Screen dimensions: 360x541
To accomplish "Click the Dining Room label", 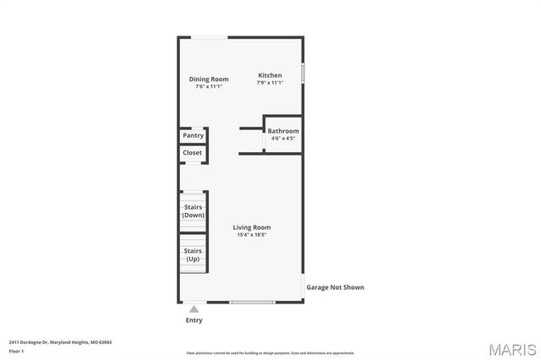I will tap(209, 79).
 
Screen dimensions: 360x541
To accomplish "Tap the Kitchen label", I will tap(270, 75).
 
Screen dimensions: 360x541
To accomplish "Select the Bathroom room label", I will tap(283, 131).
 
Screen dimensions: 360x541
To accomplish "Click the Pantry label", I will tap(194, 135).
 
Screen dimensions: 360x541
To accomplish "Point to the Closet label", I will tap(193, 153).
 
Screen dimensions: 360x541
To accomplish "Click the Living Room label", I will tap(252, 227).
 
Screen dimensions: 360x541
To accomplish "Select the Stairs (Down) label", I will tap(193, 210).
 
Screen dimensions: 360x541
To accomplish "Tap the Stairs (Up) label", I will tap(193, 254).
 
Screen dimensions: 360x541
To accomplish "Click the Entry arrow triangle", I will tap(194, 310).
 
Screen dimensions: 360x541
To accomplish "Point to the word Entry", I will tap(194, 320).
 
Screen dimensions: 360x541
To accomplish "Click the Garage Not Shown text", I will tap(335, 287).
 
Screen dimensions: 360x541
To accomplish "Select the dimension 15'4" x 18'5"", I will tap(252, 235).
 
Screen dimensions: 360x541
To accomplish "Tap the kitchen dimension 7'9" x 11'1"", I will tap(270, 83).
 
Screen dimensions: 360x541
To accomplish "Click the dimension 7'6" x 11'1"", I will tap(208, 87).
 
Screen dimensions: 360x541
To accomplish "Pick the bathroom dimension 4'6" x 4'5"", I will tap(282, 139).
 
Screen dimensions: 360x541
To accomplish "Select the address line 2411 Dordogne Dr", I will tap(60, 342).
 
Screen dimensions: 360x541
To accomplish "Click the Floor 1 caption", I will tap(16, 351).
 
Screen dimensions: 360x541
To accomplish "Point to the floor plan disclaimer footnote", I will tap(270, 353).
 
